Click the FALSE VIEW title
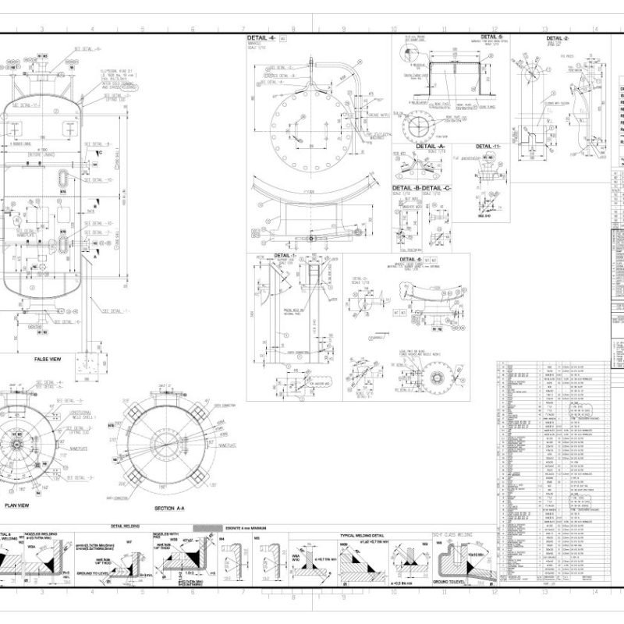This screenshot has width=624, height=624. (47, 359)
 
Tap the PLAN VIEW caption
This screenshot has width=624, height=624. (17, 505)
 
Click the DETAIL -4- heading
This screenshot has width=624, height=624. (261, 37)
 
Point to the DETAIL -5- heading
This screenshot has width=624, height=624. (492, 37)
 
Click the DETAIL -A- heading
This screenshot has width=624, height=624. (430, 146)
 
